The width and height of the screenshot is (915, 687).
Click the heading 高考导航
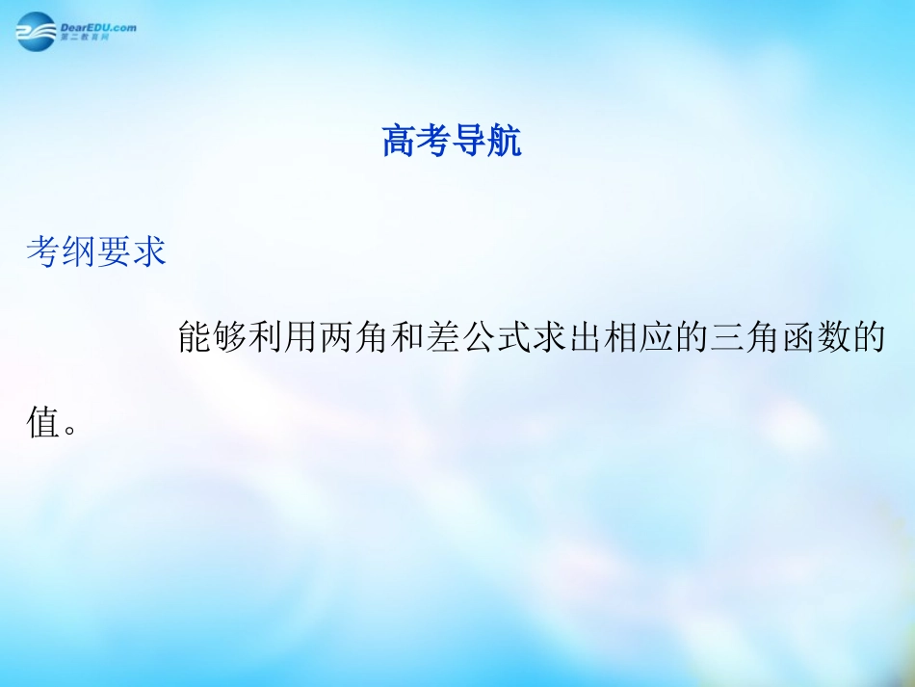[452, 143]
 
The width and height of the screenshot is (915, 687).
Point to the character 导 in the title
[470, 143]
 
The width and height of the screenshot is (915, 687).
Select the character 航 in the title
[505, 143]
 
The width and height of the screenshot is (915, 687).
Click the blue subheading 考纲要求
[96, 252]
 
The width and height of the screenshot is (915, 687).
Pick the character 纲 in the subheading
[79, 252]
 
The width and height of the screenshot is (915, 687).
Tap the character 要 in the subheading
[115, 252]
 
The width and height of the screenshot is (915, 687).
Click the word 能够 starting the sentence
[213, 338]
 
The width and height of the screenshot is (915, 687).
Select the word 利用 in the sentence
[284, 338]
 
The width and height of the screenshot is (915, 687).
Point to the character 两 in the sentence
[337, 338]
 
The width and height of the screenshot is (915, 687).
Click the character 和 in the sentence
[408, 338]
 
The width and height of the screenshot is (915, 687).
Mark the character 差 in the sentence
[443, 338]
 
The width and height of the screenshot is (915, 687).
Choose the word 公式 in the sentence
[496, 338]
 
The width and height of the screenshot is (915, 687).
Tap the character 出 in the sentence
[585, 338]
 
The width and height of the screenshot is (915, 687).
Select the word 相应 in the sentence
[638, 338]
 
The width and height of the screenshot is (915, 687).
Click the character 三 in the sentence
[726, 338]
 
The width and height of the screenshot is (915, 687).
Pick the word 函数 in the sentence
[815, 338]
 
